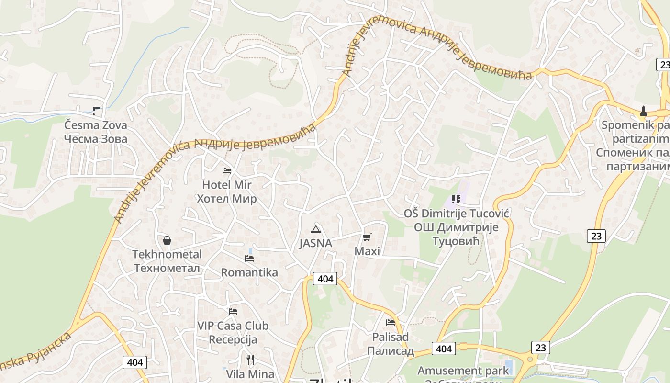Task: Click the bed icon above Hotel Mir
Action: [x=227, y=170]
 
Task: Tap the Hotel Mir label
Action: [x=227, y=185]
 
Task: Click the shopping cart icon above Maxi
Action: [x=367, y=237]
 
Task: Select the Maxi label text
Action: [x=367, y=251]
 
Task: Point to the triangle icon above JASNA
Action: [x=315, y=229]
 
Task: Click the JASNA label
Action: [x=315, y=243]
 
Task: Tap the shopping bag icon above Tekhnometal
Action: [x=167, y=240]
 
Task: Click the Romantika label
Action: [x=249, y=273]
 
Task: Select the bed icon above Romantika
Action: [x=249, y=259]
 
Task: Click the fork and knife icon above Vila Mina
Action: [x=250, y=360]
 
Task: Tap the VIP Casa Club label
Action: [x=233, y=326]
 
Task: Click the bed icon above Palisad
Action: [x=391, y=323]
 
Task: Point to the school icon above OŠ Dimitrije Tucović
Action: [x=456, y=199]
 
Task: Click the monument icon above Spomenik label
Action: [x=644, y=111]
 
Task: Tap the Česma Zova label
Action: [x=96, y=125]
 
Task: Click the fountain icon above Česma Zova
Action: [x=97, y=111]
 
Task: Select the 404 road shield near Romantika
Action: [x=325, y=279]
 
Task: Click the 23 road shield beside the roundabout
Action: [x=540, y=348]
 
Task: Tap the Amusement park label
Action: [x=463, y=371]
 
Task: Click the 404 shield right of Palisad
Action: [x=444, y=349]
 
